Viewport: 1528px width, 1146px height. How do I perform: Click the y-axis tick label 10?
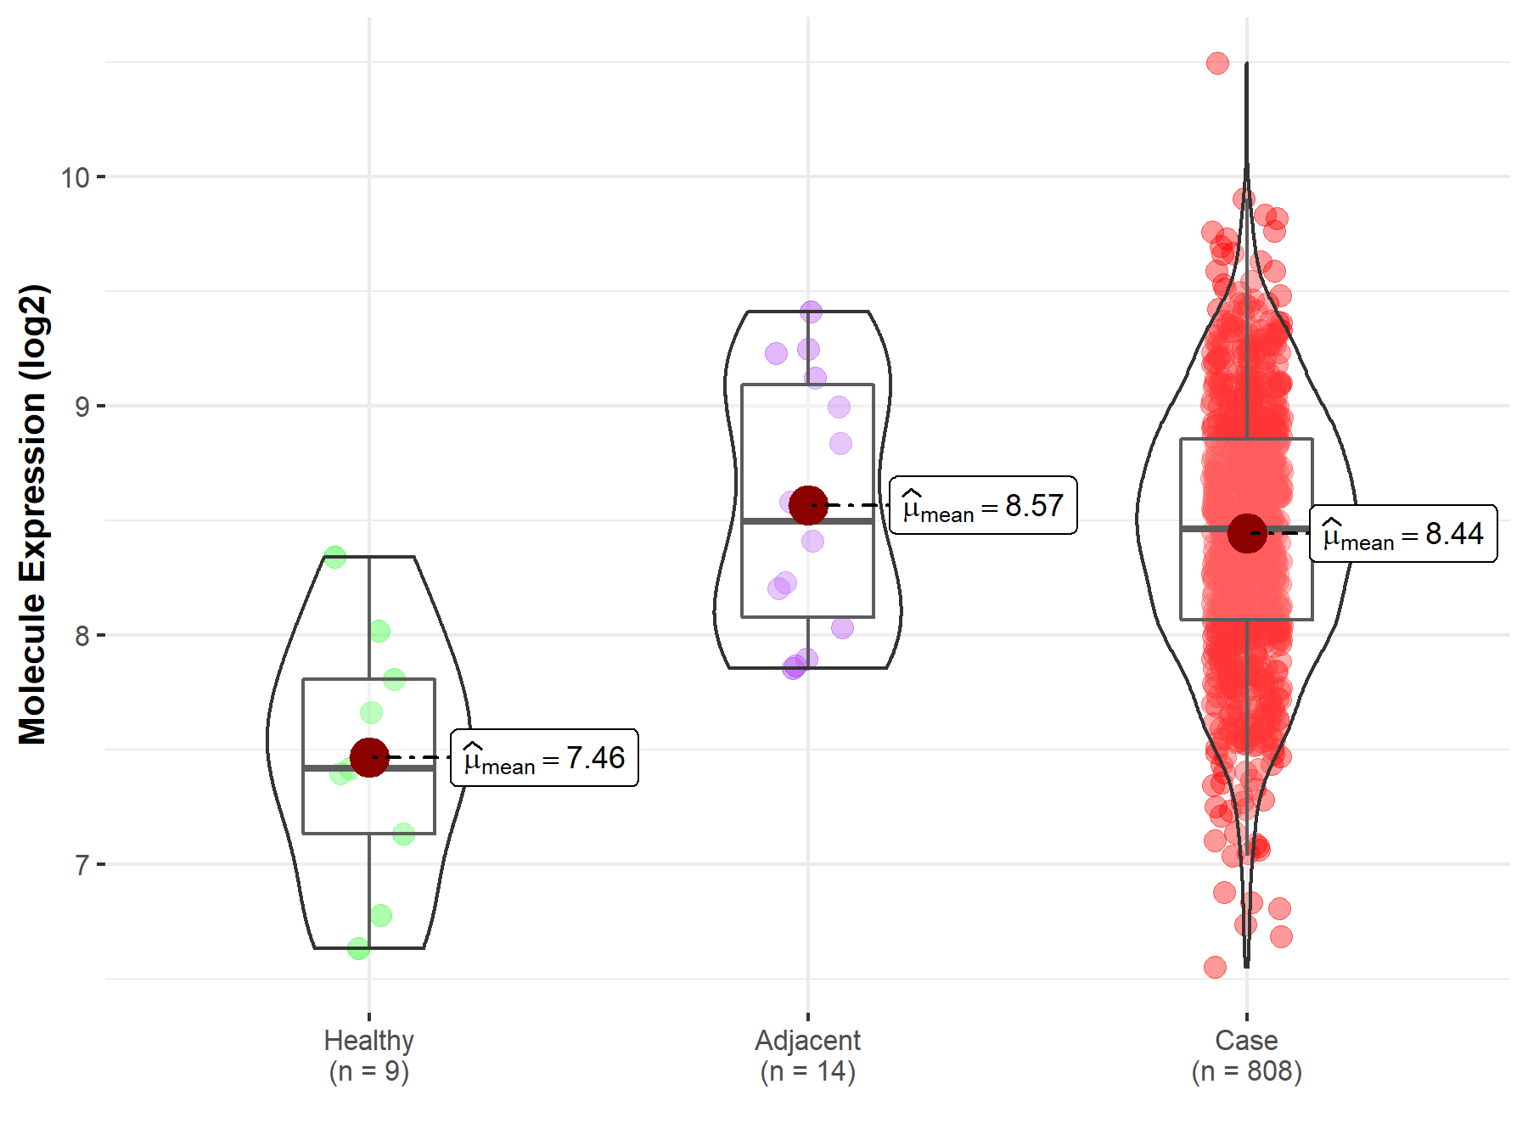(75, 177)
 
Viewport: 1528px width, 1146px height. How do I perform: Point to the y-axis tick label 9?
(81, 407)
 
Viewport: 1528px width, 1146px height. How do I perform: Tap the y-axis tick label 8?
(81, 636)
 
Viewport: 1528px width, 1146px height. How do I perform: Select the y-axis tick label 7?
(81, 865)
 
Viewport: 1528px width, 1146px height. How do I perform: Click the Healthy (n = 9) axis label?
(369, 1055)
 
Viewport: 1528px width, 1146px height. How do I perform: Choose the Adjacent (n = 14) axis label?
(808, 1055)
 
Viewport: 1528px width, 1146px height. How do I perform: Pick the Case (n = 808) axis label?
(1246, 1055)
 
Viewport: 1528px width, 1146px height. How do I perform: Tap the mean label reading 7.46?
(544, 758)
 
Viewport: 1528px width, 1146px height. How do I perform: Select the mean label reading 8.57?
(983, 506)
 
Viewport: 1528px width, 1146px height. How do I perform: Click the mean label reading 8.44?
(1403, 534)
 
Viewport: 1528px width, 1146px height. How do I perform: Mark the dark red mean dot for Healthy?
(369, 757)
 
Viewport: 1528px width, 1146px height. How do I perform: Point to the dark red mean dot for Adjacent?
(808, 505)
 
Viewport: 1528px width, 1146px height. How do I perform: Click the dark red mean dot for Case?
(1247, 533)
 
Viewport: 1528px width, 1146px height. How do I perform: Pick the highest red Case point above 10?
(1217, 63)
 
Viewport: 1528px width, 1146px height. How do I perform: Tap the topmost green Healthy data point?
(335, 558)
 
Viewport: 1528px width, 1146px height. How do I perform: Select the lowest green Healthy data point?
(358, 948)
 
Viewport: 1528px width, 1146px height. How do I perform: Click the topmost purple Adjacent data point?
(811, 312)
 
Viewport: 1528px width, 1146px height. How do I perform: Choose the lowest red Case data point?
(1215, 967)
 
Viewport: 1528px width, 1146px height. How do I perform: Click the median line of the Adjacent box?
(808, 521)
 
